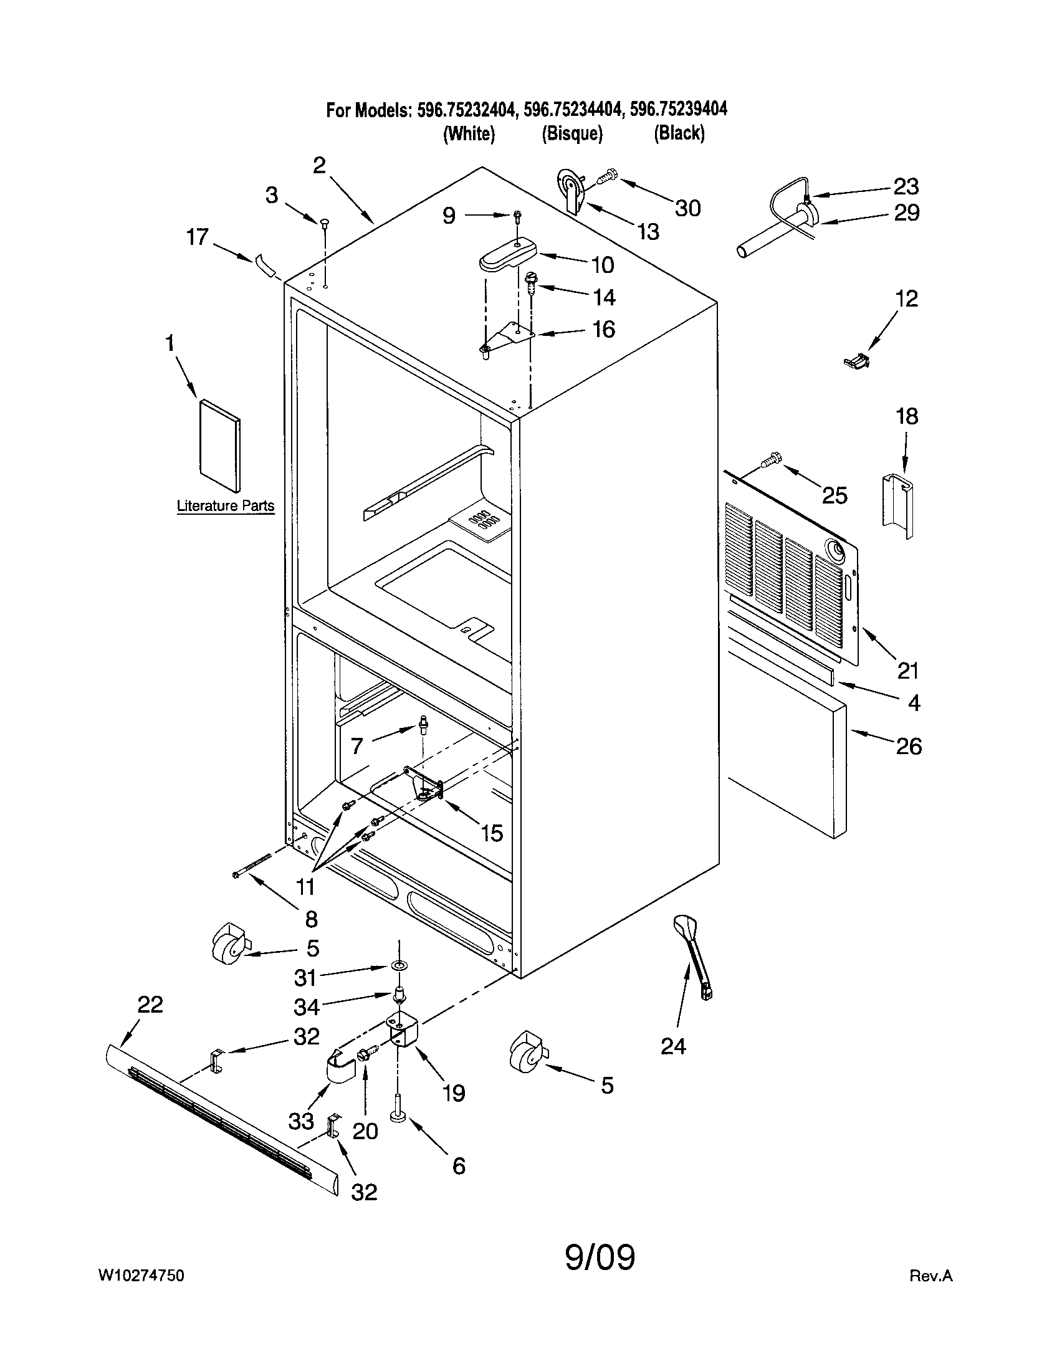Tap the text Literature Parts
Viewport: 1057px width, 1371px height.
[226, 506]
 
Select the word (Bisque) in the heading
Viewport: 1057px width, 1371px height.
[572, 134]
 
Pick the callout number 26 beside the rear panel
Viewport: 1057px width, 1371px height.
[908, 746]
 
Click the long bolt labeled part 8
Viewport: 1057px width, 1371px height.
[251, 866]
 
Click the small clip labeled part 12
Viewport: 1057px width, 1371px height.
[857, 360]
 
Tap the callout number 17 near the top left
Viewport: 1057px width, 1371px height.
[197, 237]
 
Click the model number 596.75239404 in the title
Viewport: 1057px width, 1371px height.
[679, 110]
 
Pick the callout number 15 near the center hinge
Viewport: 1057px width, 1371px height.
[492, 833]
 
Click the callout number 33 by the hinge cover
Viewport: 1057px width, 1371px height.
[301, 1120]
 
